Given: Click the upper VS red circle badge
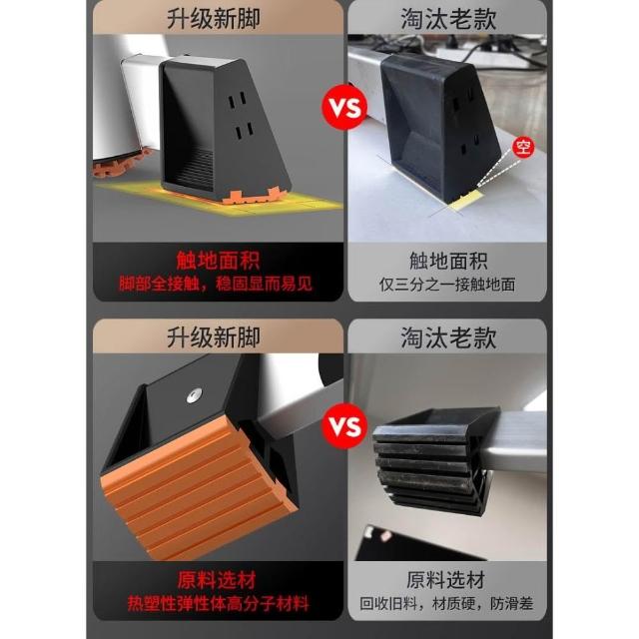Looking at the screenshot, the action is [344, 107].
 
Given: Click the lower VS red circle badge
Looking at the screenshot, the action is [344, 425].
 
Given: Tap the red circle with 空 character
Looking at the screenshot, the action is [523, 147].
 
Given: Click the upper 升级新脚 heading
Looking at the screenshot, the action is [213, 19].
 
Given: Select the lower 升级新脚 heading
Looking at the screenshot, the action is [213, 337].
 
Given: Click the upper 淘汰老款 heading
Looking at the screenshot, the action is [448, 19].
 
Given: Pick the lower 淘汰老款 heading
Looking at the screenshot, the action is [448, 337].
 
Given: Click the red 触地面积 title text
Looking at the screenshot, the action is [218, 261].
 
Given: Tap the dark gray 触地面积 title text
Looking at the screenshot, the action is [448, 261].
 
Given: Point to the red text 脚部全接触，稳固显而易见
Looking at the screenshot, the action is [216, 284].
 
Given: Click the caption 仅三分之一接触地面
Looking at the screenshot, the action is [447, 285].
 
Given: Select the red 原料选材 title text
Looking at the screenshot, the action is [217, 580].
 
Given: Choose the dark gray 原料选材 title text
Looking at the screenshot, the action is [446, 580].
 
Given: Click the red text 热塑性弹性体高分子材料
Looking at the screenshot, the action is [218, 603].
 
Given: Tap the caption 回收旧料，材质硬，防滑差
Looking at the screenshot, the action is [446, 603].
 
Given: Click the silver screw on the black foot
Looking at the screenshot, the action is [195, 395].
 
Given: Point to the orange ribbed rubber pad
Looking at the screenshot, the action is [199, 485].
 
